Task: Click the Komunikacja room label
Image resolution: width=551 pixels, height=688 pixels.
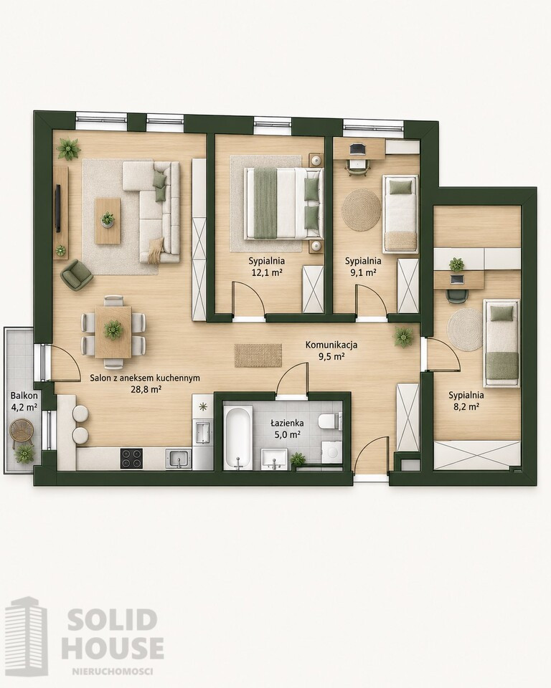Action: coord(331,345)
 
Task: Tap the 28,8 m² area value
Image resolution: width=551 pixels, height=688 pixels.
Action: coord(144,388)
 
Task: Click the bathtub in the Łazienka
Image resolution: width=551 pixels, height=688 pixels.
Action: coord(237,436)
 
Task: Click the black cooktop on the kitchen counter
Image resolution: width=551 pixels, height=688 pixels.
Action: coord(131,458)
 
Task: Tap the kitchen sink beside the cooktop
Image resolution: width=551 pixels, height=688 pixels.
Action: coord(179,459)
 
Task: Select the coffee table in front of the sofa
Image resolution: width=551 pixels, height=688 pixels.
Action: coord(108,220)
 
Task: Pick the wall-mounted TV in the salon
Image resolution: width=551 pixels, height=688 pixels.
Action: coord(57,208)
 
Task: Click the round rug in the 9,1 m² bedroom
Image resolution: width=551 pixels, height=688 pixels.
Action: coord(361,209)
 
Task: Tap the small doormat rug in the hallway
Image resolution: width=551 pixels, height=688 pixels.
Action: coord(258,355)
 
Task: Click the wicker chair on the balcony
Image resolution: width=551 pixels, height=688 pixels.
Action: coord(22,431)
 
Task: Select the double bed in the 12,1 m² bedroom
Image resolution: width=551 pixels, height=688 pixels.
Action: coord(283,204)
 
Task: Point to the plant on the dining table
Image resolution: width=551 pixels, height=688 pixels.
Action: coord(113,329)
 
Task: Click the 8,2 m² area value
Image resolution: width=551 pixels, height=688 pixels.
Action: coord(463,406)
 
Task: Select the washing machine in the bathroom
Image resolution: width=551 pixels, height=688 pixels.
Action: coord(331,451)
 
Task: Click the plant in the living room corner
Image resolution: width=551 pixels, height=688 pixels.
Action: coord(69,149)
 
